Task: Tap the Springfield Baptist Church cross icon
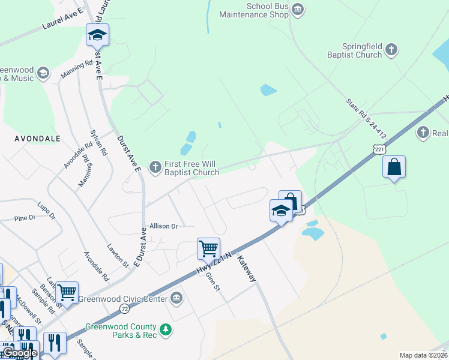pyautogui.click(x=391, y=50)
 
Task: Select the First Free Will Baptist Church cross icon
pyautogui.click(x=155, y=167)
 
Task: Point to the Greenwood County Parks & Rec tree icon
pyautogui.click(x=166, y=329)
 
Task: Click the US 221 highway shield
pyautogui.click(x=378, y=148)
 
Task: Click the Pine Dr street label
pyautogui.click(x=26, y=218)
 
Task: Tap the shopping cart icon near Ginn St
pyautogui.click(x=208, y=248)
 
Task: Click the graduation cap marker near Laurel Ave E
pyautogui.click(x=97, y=34)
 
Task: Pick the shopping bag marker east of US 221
pyautogui.click(x=394, y=167)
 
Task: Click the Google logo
pyautogui.click(x=21, y=353)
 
